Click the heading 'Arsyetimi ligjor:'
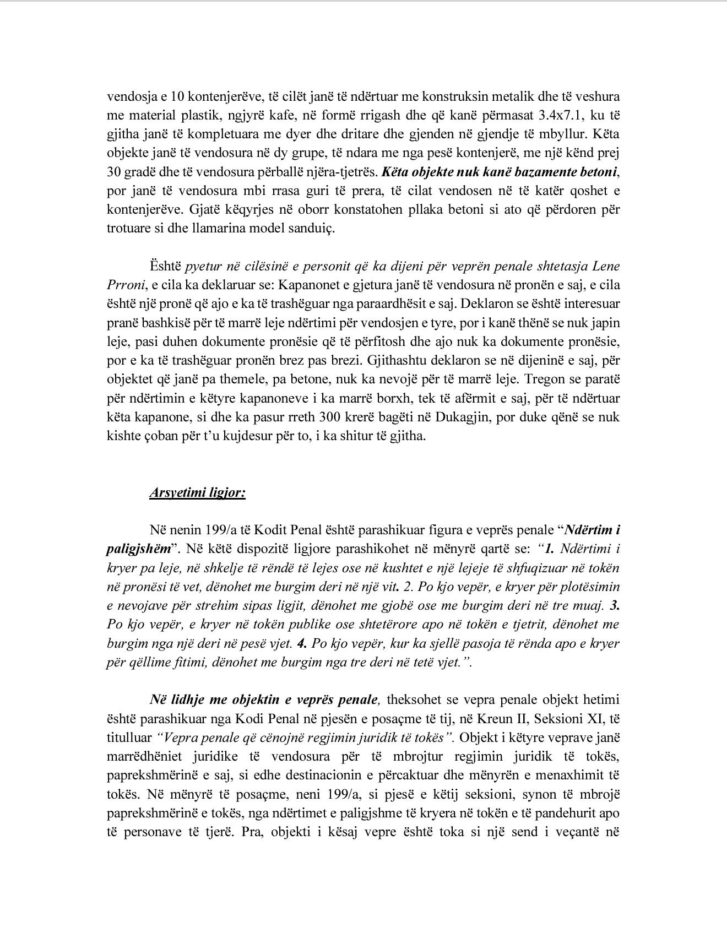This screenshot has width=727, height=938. click(x=197, y=492)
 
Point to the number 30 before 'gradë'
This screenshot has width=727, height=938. click(x=114, y=172)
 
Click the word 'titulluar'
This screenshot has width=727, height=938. click(x=129, y=738)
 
